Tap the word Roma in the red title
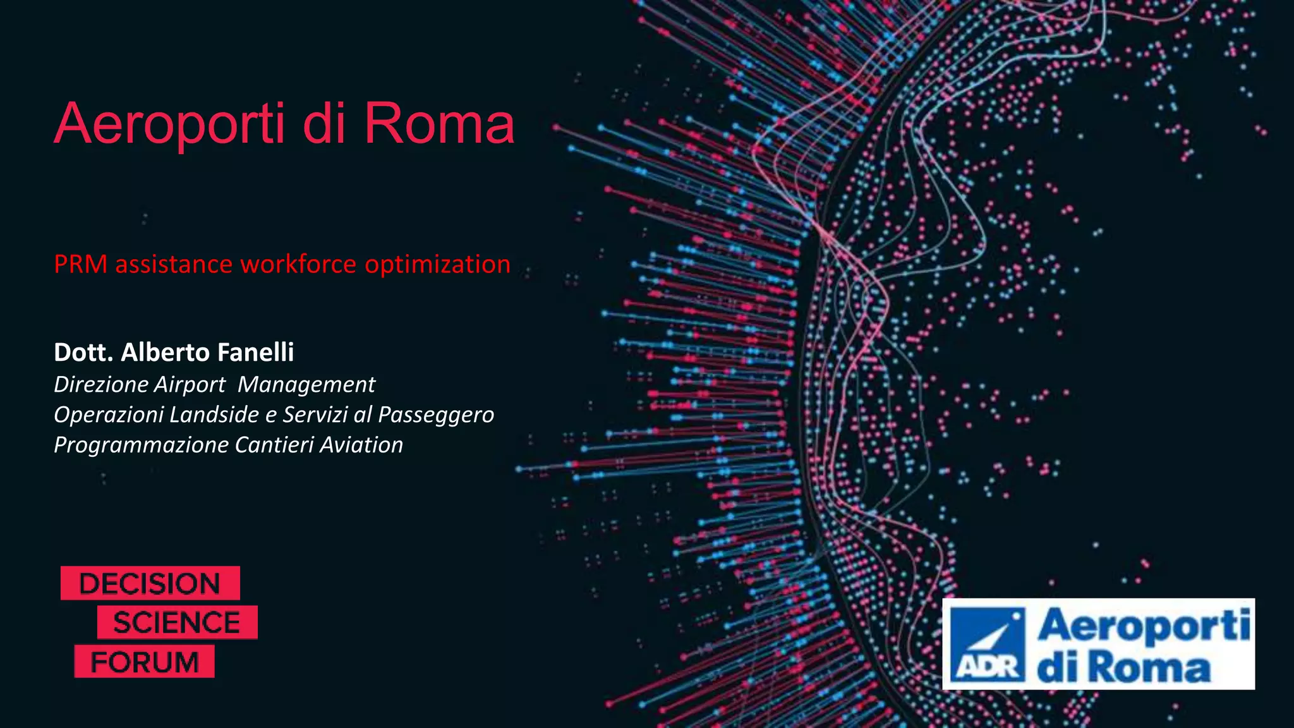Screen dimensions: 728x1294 (x=438, y=124)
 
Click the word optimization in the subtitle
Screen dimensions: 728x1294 (x=437, y=264)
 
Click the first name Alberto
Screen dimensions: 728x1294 (x=164, y=353)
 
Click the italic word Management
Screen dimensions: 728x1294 (x=306, y=384)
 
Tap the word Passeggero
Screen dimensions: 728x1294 (x=436, y=415)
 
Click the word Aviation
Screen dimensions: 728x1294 (x=361, y=445)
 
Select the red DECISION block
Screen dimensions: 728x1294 (x=150, y=583)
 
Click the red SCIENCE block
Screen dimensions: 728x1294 (x=177, y=622)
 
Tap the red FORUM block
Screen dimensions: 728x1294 (x=145, y=662)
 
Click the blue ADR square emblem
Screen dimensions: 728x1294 (x=989, y=644)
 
